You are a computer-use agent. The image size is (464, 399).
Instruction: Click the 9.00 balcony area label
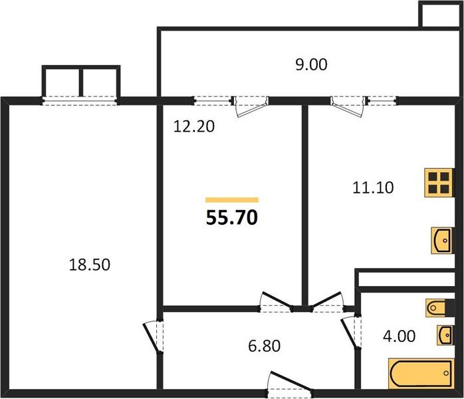click(x=311, y=65)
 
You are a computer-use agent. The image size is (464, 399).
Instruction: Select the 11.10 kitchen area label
click(x=372, y=188)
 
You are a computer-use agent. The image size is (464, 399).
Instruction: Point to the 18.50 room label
click(x=89, y=265)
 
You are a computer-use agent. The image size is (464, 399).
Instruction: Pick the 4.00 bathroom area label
click(x=400, y=336)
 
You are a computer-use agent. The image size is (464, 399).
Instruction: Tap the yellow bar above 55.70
click(x=231, y=199)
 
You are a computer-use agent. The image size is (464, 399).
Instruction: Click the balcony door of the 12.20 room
click(x=251, y=105)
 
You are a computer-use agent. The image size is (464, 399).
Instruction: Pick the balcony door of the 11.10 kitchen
click(x=347, y=105)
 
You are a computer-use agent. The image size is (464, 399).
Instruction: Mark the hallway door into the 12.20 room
click(x=275, y=302)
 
